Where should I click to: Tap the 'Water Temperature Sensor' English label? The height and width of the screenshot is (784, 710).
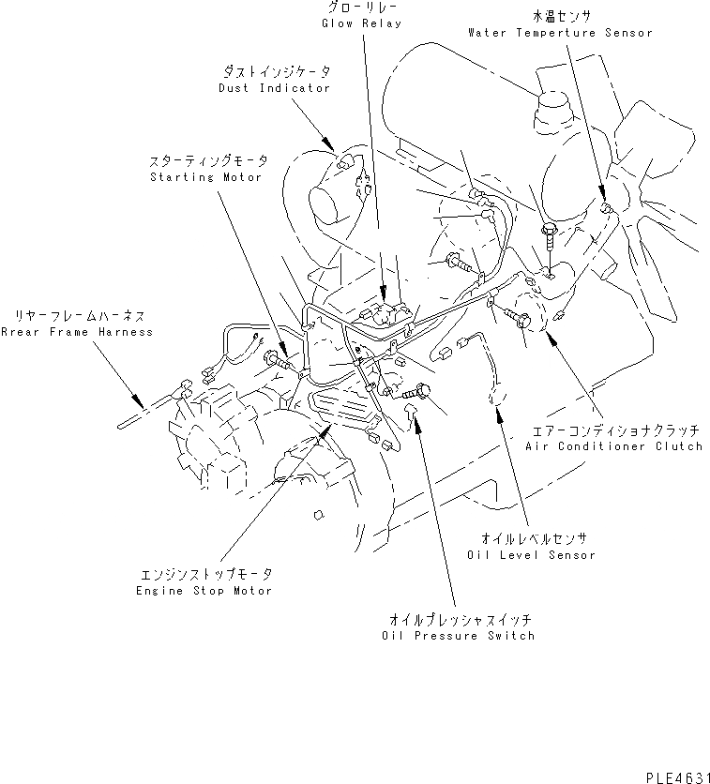click(560, 33)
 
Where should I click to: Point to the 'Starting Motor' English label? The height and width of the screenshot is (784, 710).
click(205, 177)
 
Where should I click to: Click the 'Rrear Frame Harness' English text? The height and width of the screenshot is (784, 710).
click(76, 332)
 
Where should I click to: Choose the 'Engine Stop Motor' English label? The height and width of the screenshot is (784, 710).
click(203, 591)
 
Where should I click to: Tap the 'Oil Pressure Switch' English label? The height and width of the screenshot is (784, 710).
click(459, 636)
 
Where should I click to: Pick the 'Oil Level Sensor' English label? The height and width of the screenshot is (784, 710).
click(532, 555)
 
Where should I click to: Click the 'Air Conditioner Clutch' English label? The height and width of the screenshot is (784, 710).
click(613, 446)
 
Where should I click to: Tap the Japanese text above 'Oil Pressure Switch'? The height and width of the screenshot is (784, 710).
click(459, 620)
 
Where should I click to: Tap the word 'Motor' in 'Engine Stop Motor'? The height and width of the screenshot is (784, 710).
click(252, 591)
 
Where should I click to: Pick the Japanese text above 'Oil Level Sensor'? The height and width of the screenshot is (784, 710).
click(532, 539)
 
